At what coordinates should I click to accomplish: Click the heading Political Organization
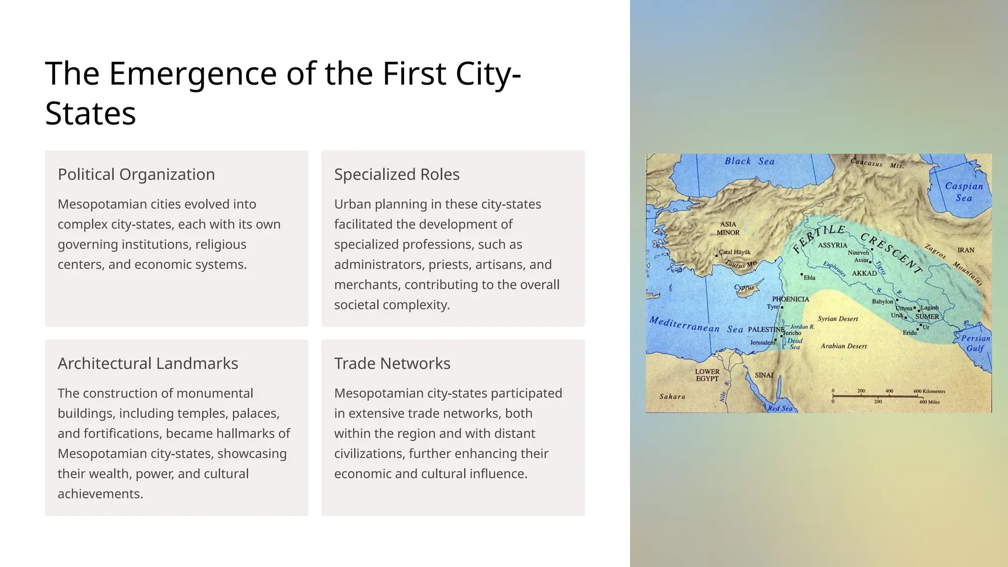pyautogui.click(x=136, y=175)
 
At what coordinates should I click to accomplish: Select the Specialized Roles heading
pyautogui.click(x=397, y=175)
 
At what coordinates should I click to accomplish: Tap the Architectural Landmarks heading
pyautogui.click(x=148, y=364)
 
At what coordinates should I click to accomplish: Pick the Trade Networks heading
pyautogui.click(x=392, y=364)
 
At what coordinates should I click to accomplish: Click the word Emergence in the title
pyautogui.click(x=193, y=74)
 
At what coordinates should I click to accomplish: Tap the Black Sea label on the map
pyautogui.click(x=749, y=161)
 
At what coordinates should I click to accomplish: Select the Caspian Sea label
pyautogui.click(x=964, y=192)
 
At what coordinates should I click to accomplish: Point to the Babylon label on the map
pyautogui.click(x=882, y=301)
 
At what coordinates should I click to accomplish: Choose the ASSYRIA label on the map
pyautogui.click(x=833, y=245)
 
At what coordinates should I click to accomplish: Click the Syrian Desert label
pyautogui.click(x=838, y=319)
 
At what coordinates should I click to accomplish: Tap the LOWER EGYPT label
pyautogui.click(x=707, y=375)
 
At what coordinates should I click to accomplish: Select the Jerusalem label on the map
pyautogui.click(x=762, y=342)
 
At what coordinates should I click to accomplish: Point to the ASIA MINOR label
pyautogui.click(x=728, y=228)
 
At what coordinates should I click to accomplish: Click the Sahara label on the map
pyautogui.click(x=672, y=397)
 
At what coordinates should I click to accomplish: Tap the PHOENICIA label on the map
pyautogui.click(x=790, y=299)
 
